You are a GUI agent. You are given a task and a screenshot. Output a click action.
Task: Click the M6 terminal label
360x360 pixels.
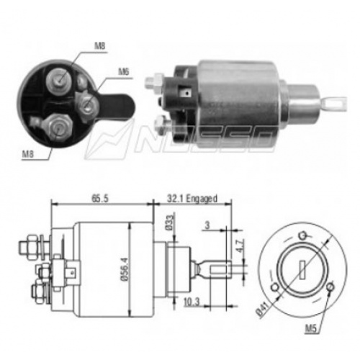(124, 72)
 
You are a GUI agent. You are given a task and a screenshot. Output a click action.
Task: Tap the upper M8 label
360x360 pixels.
(99, 45)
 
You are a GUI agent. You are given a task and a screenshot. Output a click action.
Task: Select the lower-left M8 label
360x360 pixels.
(28, 154)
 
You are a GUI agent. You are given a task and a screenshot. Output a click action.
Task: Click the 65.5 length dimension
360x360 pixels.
(100, 199)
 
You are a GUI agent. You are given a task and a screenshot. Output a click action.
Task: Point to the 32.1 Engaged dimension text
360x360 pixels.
(192, 199)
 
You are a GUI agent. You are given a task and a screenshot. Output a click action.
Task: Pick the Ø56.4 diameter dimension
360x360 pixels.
(125, 269)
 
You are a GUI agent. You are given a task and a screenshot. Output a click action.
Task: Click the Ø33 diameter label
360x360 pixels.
(169, 222)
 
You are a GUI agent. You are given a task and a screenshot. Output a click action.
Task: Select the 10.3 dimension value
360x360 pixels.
(192, 302)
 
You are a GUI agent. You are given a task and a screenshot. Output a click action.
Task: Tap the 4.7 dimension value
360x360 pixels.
(240, 246)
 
